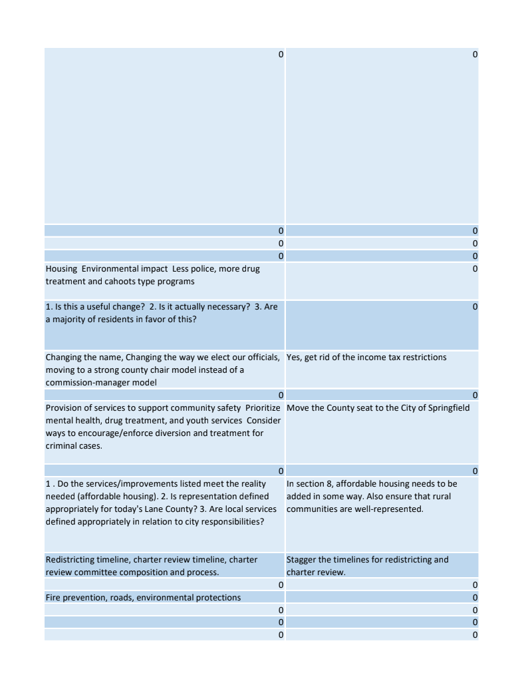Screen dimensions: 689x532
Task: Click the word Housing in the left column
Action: point(61,269)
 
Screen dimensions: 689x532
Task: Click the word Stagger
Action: point(301,560)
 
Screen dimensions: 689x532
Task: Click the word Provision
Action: point(65,408)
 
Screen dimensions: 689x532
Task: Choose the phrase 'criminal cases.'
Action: point(74,446)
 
